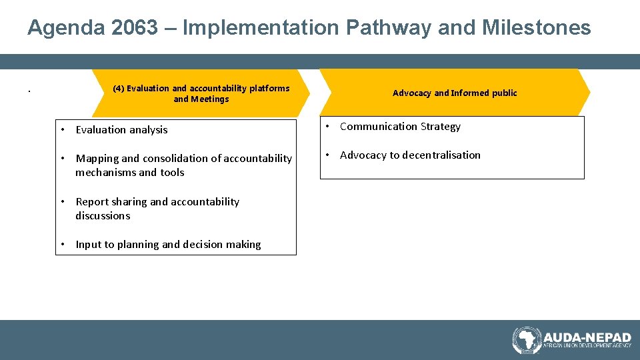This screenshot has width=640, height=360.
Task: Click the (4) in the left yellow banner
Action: coord(118,88)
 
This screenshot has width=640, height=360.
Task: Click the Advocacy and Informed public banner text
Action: coord(455,93)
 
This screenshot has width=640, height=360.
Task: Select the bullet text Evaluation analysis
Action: coord(121,130)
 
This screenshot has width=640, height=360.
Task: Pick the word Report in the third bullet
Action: coord(92,202)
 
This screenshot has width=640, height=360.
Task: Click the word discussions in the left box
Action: coord(103,216)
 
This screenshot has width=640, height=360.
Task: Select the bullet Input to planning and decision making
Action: coord(168,245)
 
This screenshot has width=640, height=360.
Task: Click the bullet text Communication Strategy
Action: coord(400,127)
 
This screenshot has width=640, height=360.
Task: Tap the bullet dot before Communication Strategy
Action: coord(328,127)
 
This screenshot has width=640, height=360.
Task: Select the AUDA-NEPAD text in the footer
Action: coord(587,337)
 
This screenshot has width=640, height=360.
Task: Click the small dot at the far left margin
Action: coord(29,91)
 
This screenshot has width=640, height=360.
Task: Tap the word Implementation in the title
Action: coord(261,28)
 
